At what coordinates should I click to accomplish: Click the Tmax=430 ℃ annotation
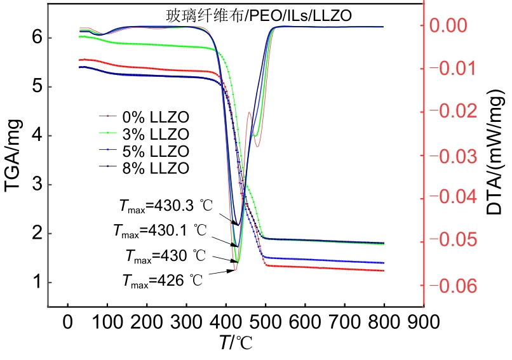tap(165, 257)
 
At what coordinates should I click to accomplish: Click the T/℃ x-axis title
tap(236, 343)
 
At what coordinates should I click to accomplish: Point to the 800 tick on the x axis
tap(383, 321)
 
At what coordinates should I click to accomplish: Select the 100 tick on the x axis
tap(107, 321)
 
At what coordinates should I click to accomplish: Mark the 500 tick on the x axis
tap(265, 321)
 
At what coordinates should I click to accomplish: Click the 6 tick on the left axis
tap(36, 37)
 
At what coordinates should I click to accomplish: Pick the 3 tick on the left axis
tap(36, 185)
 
